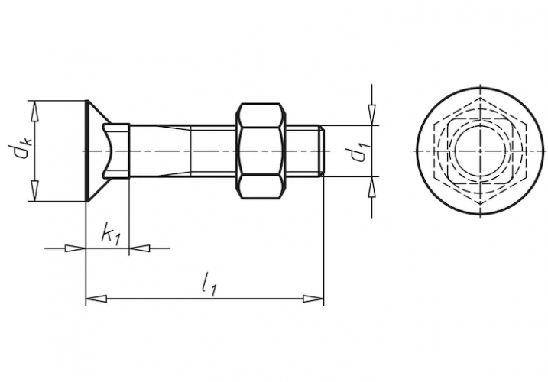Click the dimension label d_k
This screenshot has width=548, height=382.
(20, 151)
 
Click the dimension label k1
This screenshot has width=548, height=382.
(111, 235)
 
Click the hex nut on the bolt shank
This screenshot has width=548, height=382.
(261, 151)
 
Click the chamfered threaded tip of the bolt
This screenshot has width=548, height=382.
(322, 151)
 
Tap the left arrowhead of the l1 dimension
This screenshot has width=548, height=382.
(96, 299)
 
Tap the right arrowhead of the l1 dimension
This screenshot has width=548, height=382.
(313, 299)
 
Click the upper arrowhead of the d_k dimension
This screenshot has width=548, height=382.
(34, 112)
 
